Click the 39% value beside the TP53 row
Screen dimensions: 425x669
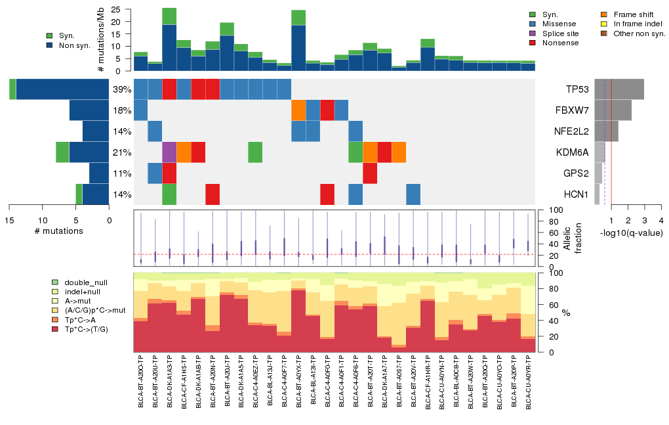(121, 89)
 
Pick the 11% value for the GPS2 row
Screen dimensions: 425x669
(121, 173)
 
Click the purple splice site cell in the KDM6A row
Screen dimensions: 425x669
(169, 152)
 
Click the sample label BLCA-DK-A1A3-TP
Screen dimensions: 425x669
(169, 381)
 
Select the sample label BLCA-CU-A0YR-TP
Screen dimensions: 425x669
(529, 381)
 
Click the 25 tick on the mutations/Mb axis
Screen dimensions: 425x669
(115, 10)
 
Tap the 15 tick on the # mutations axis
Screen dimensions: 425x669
(10, 220)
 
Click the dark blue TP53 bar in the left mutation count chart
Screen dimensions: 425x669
(62, 89)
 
